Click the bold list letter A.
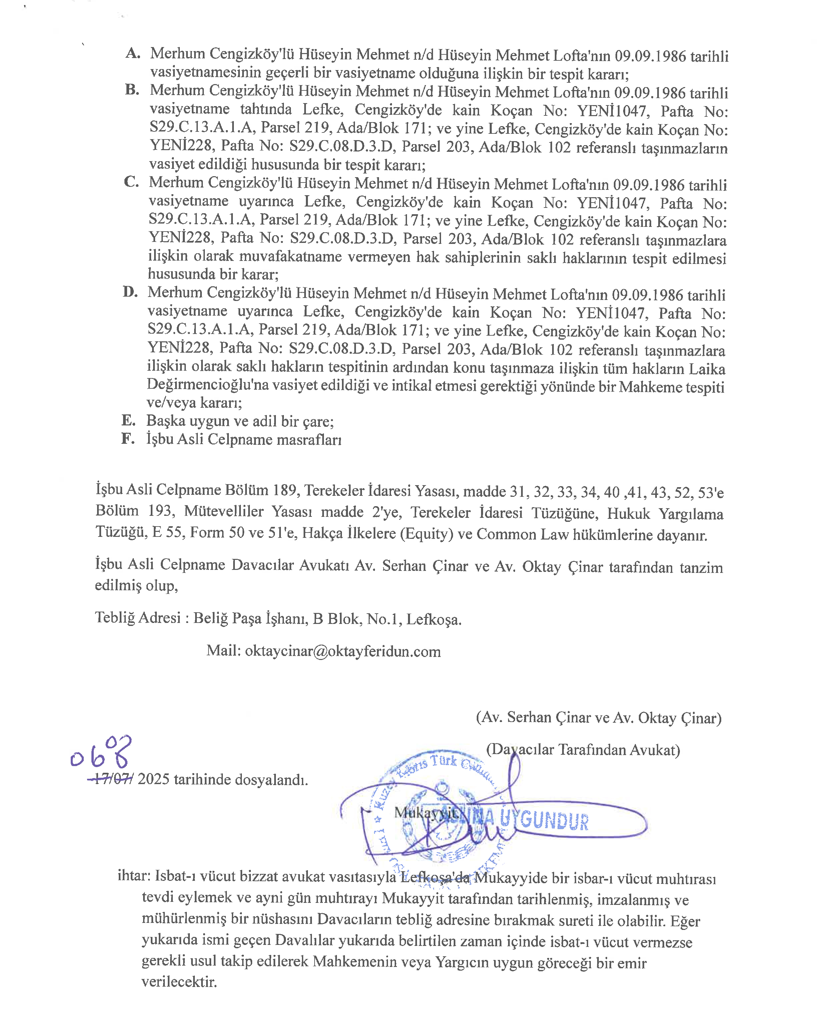133,53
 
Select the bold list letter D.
130,292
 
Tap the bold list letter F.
128,438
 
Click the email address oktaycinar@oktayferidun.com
343,651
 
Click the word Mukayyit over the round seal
426,812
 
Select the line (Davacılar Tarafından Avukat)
582,749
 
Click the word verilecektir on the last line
179,981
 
